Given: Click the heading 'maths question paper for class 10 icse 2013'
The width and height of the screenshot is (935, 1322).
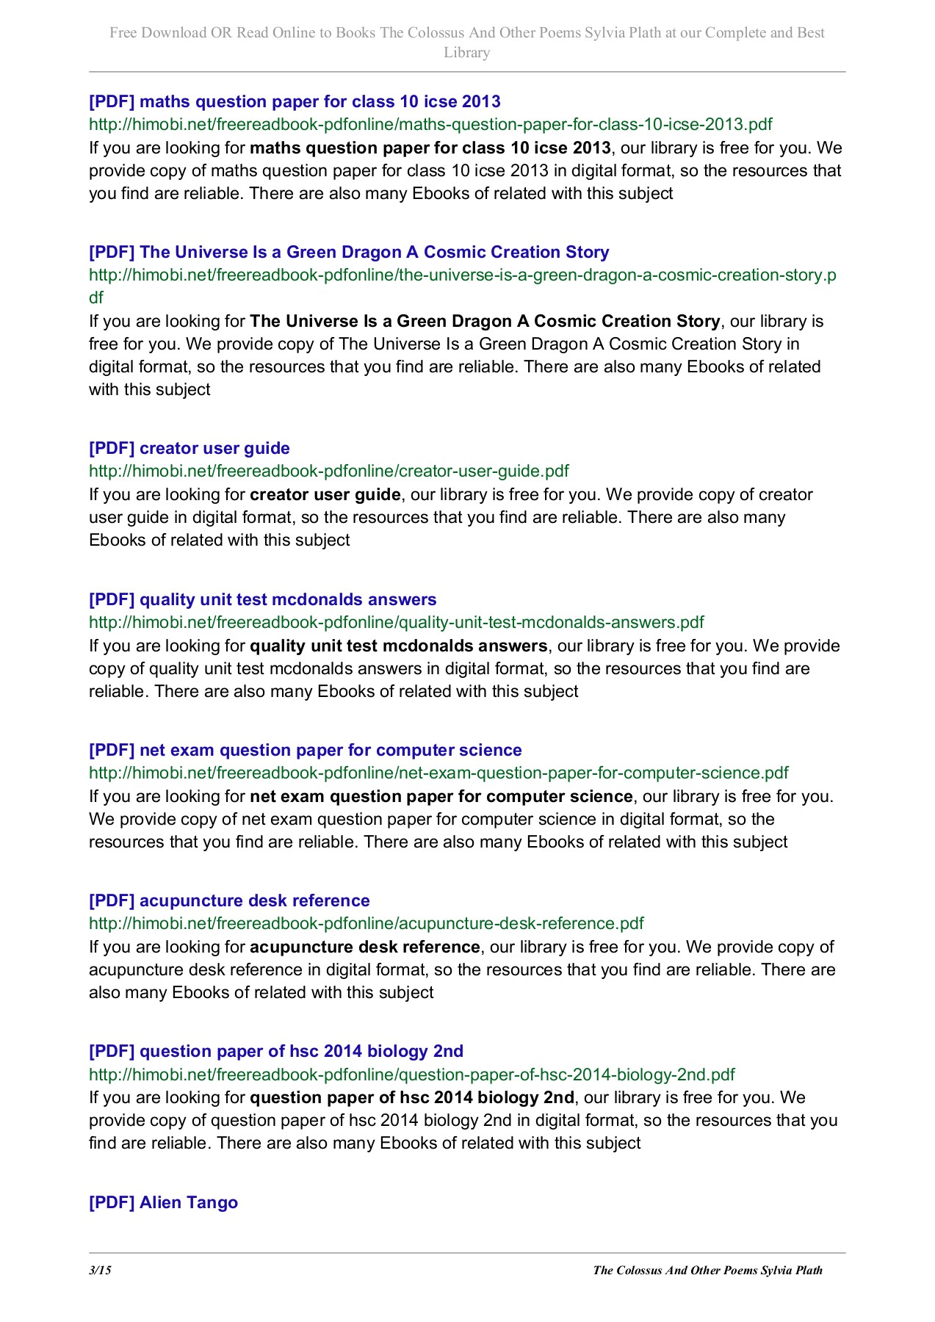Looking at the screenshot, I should pos(295,101).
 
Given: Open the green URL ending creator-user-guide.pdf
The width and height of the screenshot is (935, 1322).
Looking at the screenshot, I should pos(328,471).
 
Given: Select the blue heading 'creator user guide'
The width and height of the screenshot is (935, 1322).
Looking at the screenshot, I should pos(189,448).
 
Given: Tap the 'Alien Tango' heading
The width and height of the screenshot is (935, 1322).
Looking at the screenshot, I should pos(163,1202).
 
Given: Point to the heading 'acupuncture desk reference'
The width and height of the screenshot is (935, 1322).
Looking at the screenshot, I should pos(229,900).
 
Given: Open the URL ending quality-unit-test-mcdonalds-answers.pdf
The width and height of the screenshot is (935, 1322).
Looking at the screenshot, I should pos(396,622).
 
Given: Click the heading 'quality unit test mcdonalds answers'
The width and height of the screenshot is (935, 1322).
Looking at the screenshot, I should pos(262,599).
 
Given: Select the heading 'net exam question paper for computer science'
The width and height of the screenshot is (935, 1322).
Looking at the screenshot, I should pos(305,750).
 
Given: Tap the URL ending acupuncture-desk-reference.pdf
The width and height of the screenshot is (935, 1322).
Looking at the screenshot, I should pos(366,923).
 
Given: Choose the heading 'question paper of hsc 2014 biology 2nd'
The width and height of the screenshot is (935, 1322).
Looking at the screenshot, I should pos(275,1051).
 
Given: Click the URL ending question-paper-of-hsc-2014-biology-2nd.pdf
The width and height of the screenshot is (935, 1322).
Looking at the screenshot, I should pos(411,1074).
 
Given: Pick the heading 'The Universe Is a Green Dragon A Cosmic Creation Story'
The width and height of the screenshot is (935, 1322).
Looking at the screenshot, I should pos(349,252).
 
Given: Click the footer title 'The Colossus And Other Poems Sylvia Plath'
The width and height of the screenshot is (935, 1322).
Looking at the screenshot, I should pos(707,1270).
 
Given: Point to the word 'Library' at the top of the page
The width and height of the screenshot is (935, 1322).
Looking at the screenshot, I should pos(466,52).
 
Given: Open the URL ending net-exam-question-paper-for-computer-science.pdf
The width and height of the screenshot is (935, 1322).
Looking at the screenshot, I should pos(438,773).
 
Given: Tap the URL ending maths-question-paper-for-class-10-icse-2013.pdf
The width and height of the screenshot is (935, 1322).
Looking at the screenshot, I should pos(430,124).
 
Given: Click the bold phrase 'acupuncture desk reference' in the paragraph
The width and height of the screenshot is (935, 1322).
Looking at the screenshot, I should pos(364,947).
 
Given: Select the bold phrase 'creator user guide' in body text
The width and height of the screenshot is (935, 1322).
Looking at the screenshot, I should pos(325,494).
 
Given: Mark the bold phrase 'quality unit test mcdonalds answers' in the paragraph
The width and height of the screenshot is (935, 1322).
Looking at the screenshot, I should pos(398,646).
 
